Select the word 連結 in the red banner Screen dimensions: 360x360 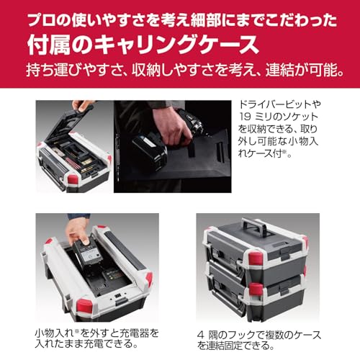tap(279, 71)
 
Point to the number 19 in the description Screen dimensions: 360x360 tap(245, 117)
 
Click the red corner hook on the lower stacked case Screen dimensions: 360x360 tap(256, 289)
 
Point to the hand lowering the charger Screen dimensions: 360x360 tap(78, 230)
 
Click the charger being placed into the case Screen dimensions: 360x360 tap(88, 256)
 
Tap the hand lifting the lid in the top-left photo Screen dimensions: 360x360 tap(82, 106)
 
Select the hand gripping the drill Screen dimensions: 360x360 tap(172, 127)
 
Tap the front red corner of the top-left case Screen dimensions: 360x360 tap(73, 179)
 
